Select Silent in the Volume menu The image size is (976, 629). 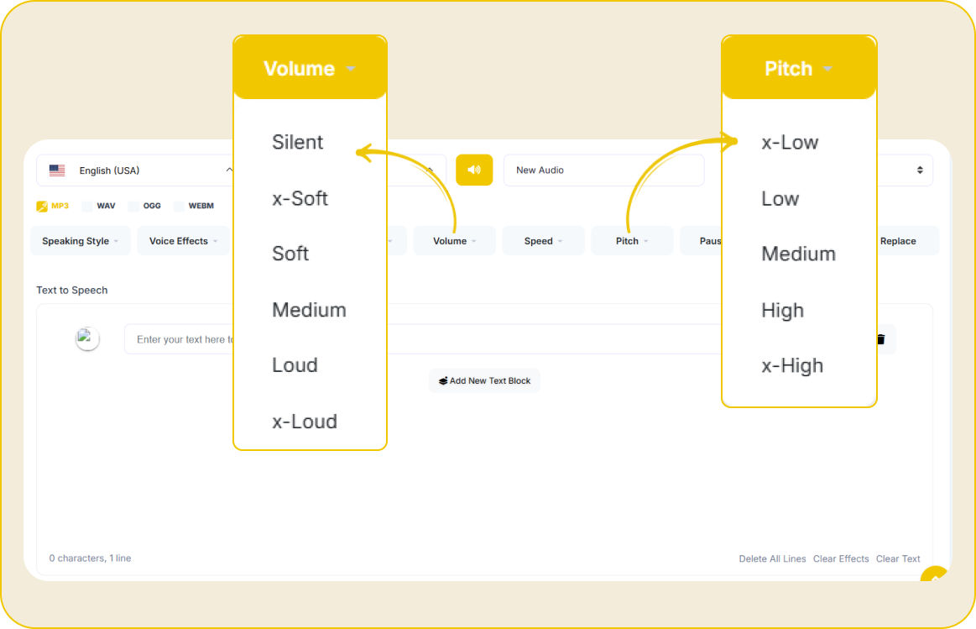click(298, 143)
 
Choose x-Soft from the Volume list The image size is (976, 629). click(300, 199)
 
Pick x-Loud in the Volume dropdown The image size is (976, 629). click(305, 422)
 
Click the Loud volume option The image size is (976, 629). click(295, 365)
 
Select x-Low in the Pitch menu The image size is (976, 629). click(790, 143)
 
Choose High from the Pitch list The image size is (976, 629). click(782, 310)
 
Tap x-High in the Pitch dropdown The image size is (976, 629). click(792, 365)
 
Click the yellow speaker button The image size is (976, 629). click(474, 170)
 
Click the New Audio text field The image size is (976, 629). click(603, 170)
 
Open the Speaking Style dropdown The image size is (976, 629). click(81, 241)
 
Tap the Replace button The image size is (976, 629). click(898, 241)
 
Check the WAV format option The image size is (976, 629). click(87, 206)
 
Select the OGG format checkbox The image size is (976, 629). click(133, 206)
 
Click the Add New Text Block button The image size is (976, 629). click(484, 380)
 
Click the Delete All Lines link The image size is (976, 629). click(772, 558)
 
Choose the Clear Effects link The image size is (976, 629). click(841, 558)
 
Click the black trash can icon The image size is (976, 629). click(881, 338)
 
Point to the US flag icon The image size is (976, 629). click(57, 170)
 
